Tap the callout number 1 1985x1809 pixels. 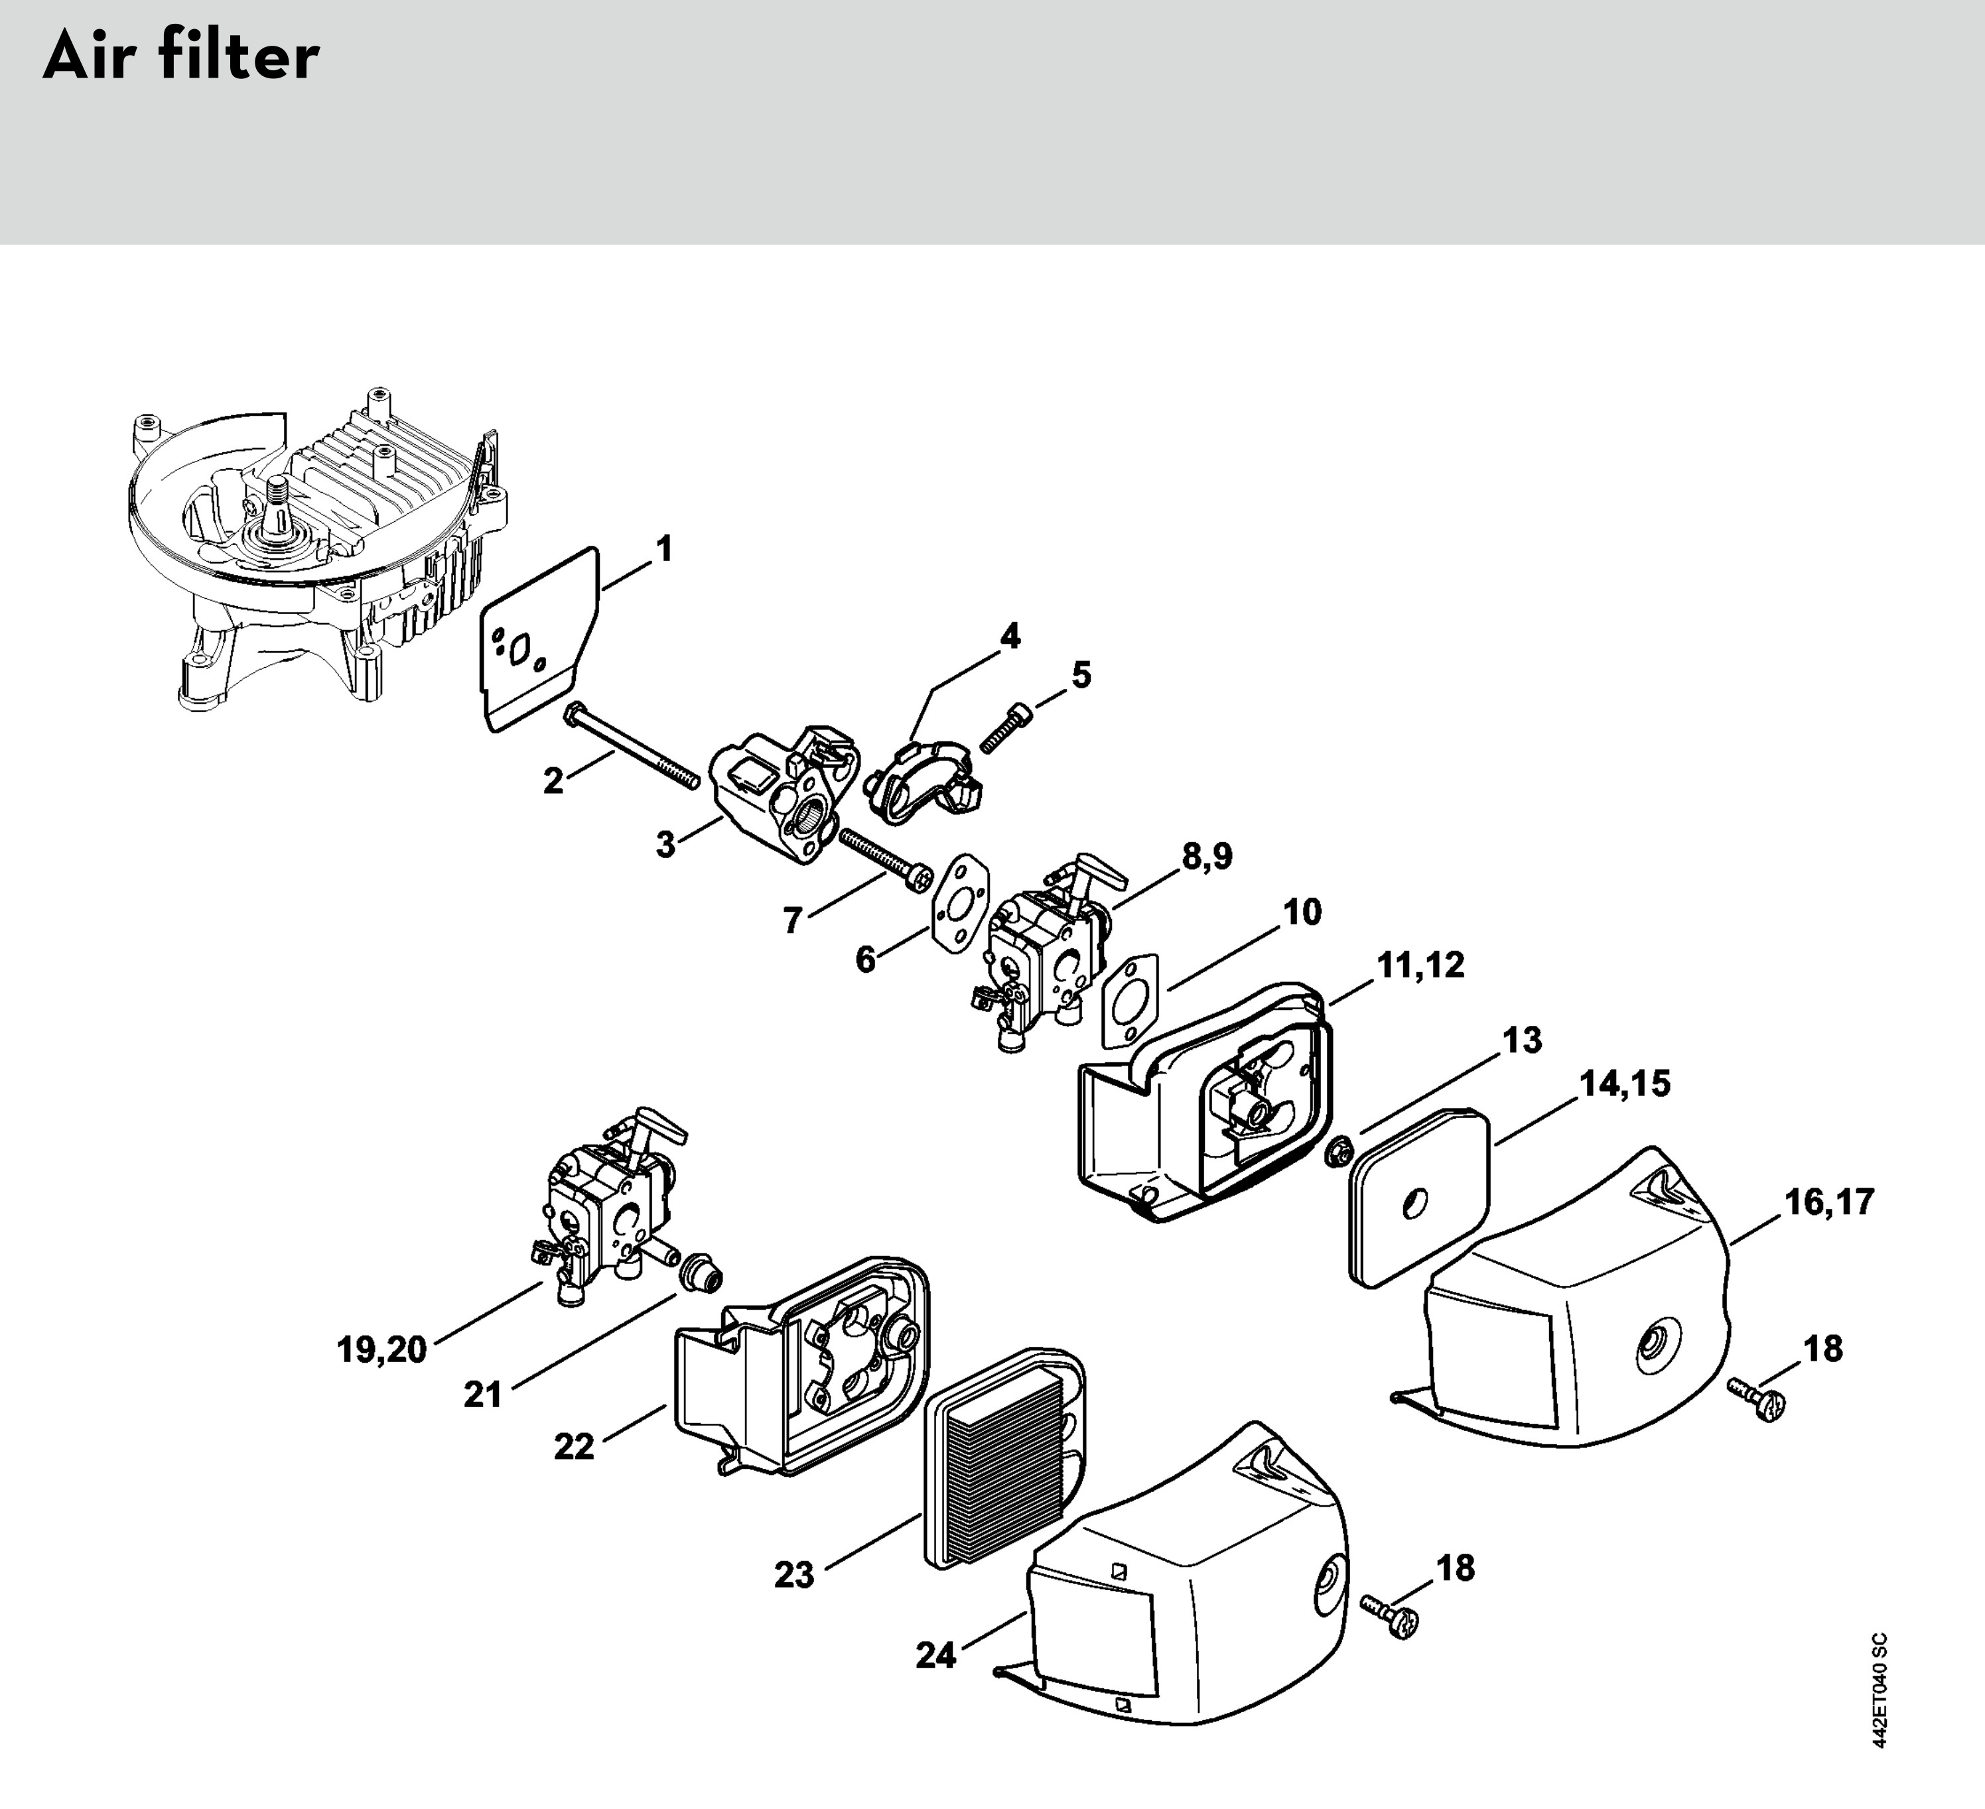(x=665, y=549)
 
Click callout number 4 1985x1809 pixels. (x=1010, y=637)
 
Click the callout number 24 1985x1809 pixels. (x=935, y=1655)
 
